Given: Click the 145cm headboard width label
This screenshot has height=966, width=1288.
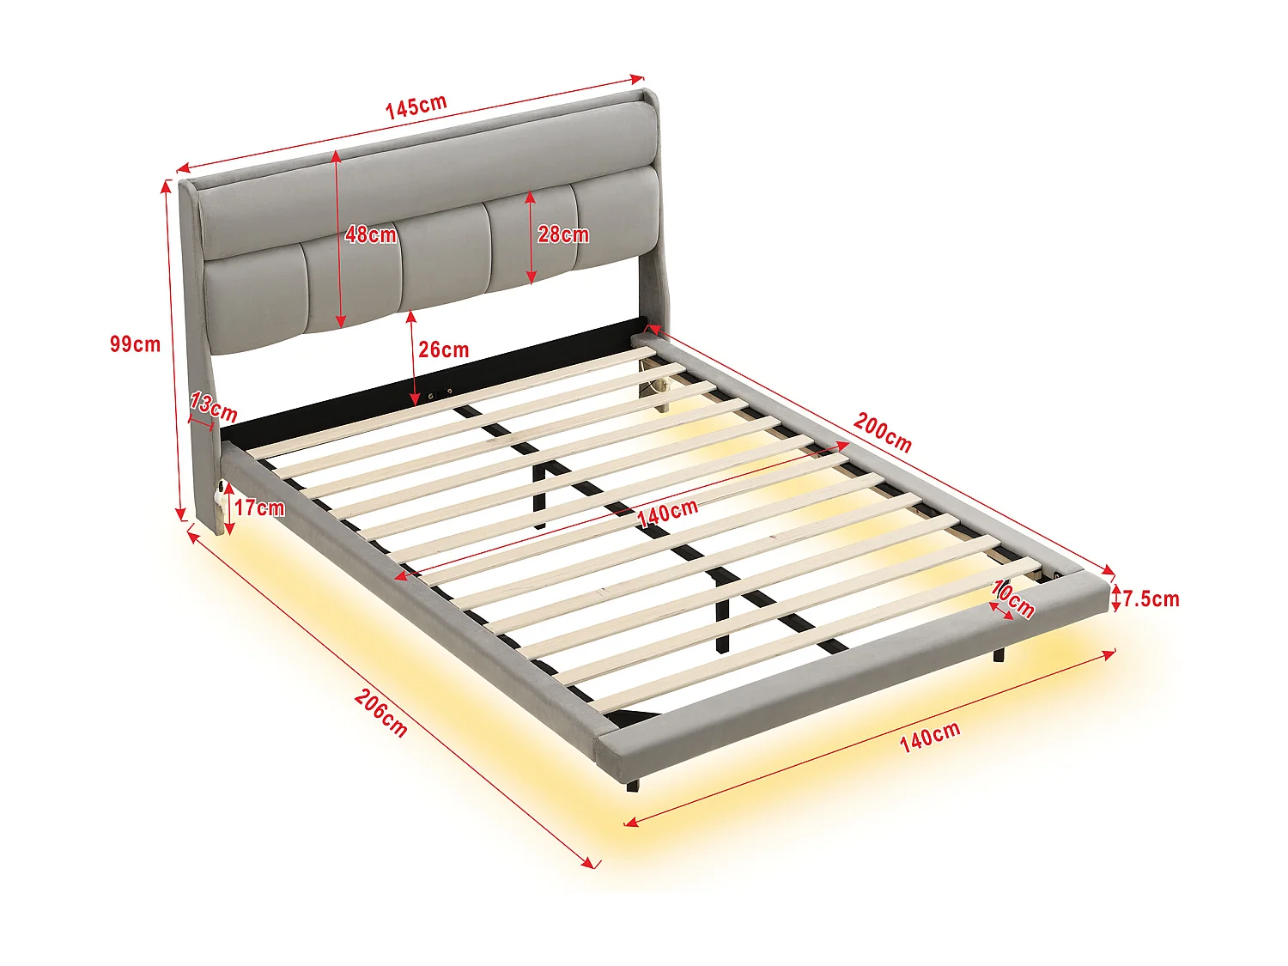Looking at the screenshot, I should click(416, 106).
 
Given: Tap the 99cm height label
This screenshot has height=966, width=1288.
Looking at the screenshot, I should click(135, 344).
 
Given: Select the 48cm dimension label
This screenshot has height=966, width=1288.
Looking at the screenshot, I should click(371, 234).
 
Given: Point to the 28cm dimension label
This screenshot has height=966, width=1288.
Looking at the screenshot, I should click(563, 234).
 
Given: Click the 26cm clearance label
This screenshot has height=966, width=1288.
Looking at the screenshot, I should click(443, 349).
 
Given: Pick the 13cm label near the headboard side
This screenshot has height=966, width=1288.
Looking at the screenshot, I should click(214, 406).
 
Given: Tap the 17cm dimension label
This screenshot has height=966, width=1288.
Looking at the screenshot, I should click(259, 507).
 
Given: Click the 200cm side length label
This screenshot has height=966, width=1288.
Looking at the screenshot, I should click(882, 432).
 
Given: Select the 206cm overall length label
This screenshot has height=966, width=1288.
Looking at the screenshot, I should click(380, 713).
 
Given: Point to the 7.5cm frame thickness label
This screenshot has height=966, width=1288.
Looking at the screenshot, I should click(1151, 598).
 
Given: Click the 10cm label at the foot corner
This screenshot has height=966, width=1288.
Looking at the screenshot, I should click(1013, 598).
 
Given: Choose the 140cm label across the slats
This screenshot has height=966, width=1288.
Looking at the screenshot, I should click(667, 513).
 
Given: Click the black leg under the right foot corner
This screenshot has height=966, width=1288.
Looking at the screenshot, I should click(999, 654).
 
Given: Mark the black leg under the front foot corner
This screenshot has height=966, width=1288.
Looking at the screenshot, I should click(634, 785).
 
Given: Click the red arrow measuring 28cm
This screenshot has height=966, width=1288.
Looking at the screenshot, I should click(532, 238).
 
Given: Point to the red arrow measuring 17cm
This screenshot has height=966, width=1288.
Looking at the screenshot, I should click(229, 508).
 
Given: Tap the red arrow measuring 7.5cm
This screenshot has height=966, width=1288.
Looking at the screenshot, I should click(1115, 598).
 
